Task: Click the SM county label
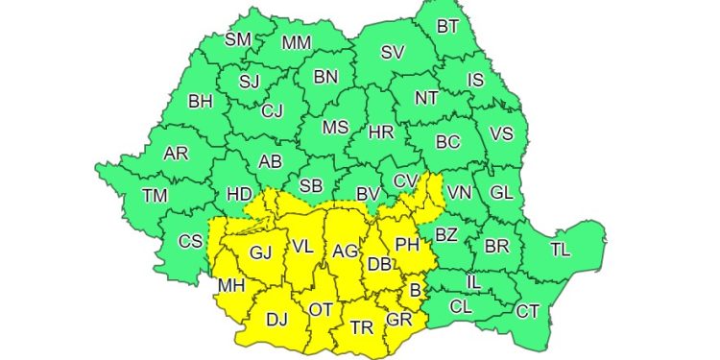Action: [238, 40]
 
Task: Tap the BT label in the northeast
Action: [447, 27]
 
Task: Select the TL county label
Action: [561, 249]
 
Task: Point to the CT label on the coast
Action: [527, 311]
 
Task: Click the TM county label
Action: [155, 196]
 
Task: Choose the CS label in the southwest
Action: [191, 241]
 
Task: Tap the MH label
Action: [230, 286]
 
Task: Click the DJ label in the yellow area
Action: [276, 320]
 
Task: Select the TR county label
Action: [362, 327]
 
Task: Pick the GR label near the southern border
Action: [399, 320]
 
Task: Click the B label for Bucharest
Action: [415, 290]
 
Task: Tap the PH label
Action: [408, 245]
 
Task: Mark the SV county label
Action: [393, 54]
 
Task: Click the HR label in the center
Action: [381, 132]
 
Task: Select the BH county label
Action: [201, 101]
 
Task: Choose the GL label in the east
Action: [501, 192]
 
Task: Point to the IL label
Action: [473, 282]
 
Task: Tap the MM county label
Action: [297, 43]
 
